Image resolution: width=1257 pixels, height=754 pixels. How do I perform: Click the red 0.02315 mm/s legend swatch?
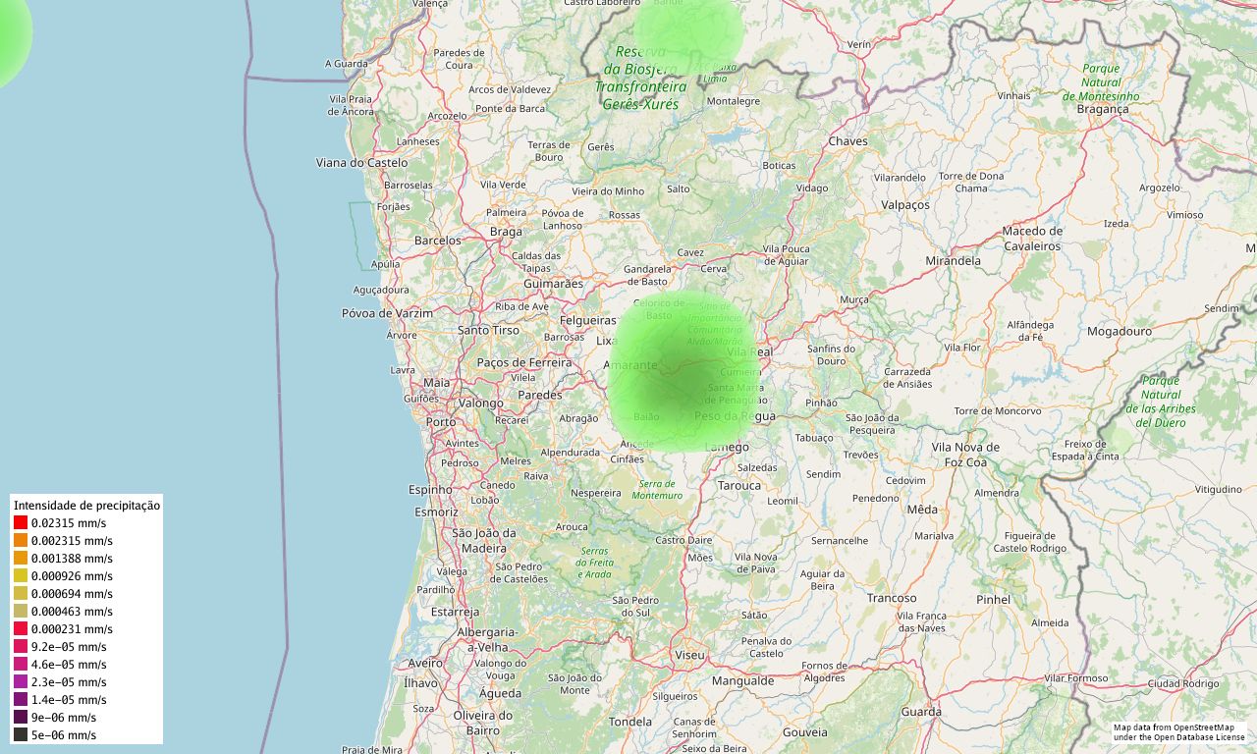coord(21,523)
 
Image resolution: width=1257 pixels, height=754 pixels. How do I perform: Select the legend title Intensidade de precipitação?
coord(86,506)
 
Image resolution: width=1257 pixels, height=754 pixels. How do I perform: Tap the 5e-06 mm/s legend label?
coord(63,735)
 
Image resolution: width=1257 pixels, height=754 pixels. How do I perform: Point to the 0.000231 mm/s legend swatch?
coord(21,629)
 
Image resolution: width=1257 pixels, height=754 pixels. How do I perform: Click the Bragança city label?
coord(1103,110)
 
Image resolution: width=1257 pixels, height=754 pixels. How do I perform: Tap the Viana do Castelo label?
coord(361,163)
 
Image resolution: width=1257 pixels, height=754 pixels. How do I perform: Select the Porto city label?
coord(441,422)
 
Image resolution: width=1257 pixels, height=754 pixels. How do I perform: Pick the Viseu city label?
coord(689,655)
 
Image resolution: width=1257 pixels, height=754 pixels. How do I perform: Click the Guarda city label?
coord(921,712)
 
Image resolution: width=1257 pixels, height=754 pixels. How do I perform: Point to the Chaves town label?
coord(848,141)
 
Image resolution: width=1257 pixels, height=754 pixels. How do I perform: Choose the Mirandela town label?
coord(953,261)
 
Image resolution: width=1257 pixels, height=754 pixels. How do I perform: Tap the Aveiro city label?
coord(426,664)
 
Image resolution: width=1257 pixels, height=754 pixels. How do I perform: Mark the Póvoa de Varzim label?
coord(387,313)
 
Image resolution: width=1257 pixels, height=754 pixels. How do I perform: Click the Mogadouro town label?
coord(1120,332)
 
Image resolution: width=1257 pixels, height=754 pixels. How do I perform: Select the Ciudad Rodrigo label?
coord(1183,683)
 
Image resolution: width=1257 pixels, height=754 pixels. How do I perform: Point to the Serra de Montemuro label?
coord(657,489)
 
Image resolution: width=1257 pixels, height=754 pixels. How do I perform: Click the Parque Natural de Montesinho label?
coord(1101,82)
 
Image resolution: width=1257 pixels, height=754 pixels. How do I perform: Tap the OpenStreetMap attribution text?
coord(1178,731)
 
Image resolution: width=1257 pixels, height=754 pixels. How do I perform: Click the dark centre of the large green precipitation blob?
coord(687,378)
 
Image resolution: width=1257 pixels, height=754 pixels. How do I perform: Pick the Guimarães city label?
coord(553,284)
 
